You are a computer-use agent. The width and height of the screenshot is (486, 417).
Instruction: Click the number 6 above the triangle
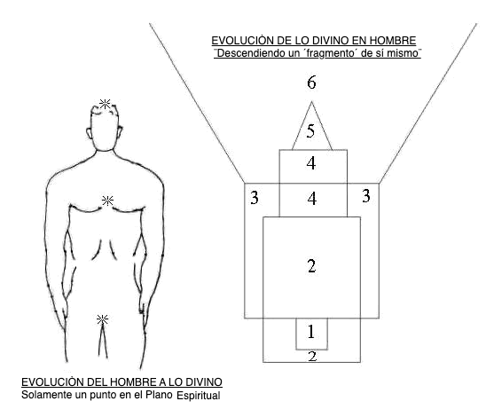pos(311,83)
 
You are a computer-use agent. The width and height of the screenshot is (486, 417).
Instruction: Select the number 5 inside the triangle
pos(310,131)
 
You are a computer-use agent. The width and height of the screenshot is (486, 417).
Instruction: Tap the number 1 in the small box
pos(311,332)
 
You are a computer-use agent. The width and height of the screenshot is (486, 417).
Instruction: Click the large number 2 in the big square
pos(311,266)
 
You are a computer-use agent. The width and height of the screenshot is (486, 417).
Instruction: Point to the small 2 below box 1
pos(312,357)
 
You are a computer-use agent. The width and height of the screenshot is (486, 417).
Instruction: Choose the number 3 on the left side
pos(255,198)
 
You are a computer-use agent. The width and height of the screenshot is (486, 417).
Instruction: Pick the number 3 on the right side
pos(366,196)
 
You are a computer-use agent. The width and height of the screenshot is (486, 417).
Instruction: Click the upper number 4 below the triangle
pos(311,163)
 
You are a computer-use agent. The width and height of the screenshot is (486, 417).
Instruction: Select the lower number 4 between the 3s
pos(312,199)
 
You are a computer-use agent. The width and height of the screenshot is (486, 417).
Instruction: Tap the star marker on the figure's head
pos(105,104)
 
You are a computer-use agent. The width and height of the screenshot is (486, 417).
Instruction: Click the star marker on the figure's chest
pos(107,201)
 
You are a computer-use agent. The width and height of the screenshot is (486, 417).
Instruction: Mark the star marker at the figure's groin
pos(102,319)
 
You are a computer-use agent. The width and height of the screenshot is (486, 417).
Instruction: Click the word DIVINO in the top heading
pos(330,41)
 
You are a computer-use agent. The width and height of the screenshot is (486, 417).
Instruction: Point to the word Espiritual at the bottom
pos(199,396)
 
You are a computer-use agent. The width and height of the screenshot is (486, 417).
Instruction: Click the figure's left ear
pos(89,133)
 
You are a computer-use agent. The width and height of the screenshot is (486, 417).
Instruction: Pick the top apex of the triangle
pos(311,102)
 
